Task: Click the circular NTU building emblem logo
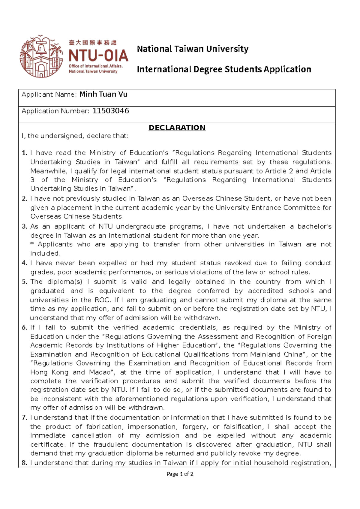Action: (41, 56)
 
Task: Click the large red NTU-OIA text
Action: (98, 56)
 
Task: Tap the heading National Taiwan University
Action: (193, 49)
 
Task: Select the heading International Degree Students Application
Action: (224, 69)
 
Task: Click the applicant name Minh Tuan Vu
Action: (103, 94)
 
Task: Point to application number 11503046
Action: (111, 111)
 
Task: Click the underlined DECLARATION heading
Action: (177, 128)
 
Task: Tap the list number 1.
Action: (24, 153)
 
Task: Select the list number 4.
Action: (24, 263)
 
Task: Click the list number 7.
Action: (24, 417)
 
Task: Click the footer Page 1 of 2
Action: (180, 474)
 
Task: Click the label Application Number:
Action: (55, 111)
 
